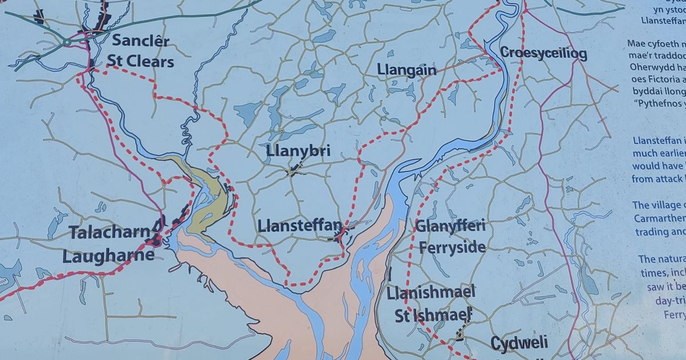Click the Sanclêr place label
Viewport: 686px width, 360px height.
click(x=141, y=41)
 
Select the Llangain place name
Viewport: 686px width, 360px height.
click(x=406, y=70)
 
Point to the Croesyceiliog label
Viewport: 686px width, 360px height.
click(x=543, y=54)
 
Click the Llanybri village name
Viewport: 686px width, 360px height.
click(x=298, y=151)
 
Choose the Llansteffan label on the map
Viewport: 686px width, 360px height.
click(x=300, y=225)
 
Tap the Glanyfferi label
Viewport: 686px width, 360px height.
click(x=450, y=226)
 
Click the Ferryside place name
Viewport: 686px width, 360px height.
click(x=452, y=247)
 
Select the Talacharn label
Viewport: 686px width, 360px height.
click(x=110, y=233)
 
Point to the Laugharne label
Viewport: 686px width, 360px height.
click(x=108, y=255)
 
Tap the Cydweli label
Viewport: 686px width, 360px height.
click(x=519, y=343)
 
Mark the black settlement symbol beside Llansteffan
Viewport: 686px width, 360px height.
click(x=341, y=234)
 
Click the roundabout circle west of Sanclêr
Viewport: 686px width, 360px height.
click(x=67, y=41)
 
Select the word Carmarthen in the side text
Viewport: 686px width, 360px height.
click(x=659, y=218)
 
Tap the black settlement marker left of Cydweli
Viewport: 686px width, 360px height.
click(x=459, y=335)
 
